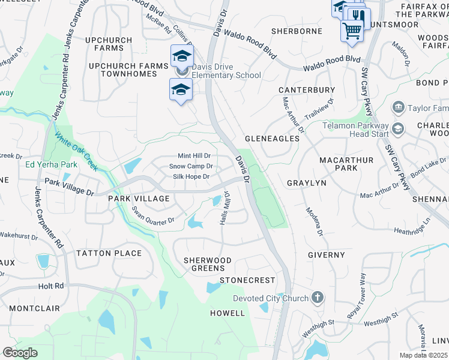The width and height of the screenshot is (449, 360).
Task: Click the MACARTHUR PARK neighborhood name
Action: point(346,164)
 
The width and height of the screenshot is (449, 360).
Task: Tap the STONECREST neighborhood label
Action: point(247,280)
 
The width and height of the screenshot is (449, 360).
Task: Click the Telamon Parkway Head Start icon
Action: point(397,129)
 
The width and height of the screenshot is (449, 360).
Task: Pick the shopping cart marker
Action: point(352,29)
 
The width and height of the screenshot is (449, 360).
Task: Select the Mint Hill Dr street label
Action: point(194,155)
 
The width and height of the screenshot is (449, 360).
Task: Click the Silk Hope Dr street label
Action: point(191,176)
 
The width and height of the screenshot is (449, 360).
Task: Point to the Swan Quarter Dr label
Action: point(153,215)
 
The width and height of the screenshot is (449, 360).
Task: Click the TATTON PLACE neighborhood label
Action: point(109,253)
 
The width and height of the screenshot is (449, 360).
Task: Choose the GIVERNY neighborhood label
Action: point(327,255)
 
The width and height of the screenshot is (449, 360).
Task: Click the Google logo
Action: point(20,353)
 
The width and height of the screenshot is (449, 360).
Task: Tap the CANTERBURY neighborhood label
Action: point(307,90)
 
